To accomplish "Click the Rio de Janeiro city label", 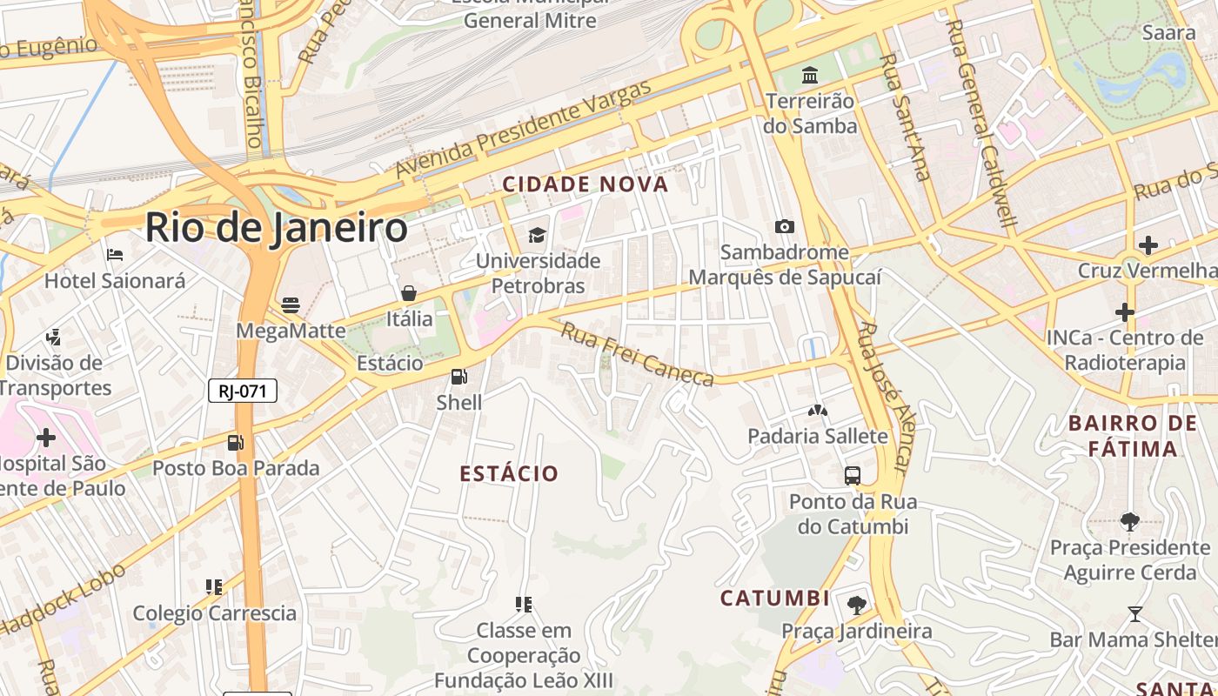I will coord(276,228).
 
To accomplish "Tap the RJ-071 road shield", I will coord(242,391).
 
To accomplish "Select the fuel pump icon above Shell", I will coord(458,377).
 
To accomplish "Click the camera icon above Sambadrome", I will coord(785,227).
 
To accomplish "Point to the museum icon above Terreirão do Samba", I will coord(810,76).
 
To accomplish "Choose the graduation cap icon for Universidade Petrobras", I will coord(537,235).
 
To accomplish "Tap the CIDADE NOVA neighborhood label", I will coord(586,184).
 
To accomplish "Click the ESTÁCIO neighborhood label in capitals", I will coord(509,473).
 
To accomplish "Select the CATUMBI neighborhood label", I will coord(774,599).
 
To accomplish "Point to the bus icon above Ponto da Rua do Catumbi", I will coord(853,476).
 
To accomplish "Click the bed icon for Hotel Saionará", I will coord(115,255).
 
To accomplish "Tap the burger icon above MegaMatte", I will coord(291,305).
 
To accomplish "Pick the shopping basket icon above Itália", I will coord(409,293).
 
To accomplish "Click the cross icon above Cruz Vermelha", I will coord(1148,245).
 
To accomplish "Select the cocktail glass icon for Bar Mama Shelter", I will coord(1134,614).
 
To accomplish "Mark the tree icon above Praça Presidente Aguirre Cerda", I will coord(1129,522).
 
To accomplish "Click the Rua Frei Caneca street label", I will coord(636,354).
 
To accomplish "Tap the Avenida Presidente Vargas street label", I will coord(523,130).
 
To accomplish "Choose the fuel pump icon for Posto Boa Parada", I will coord(235,442).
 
